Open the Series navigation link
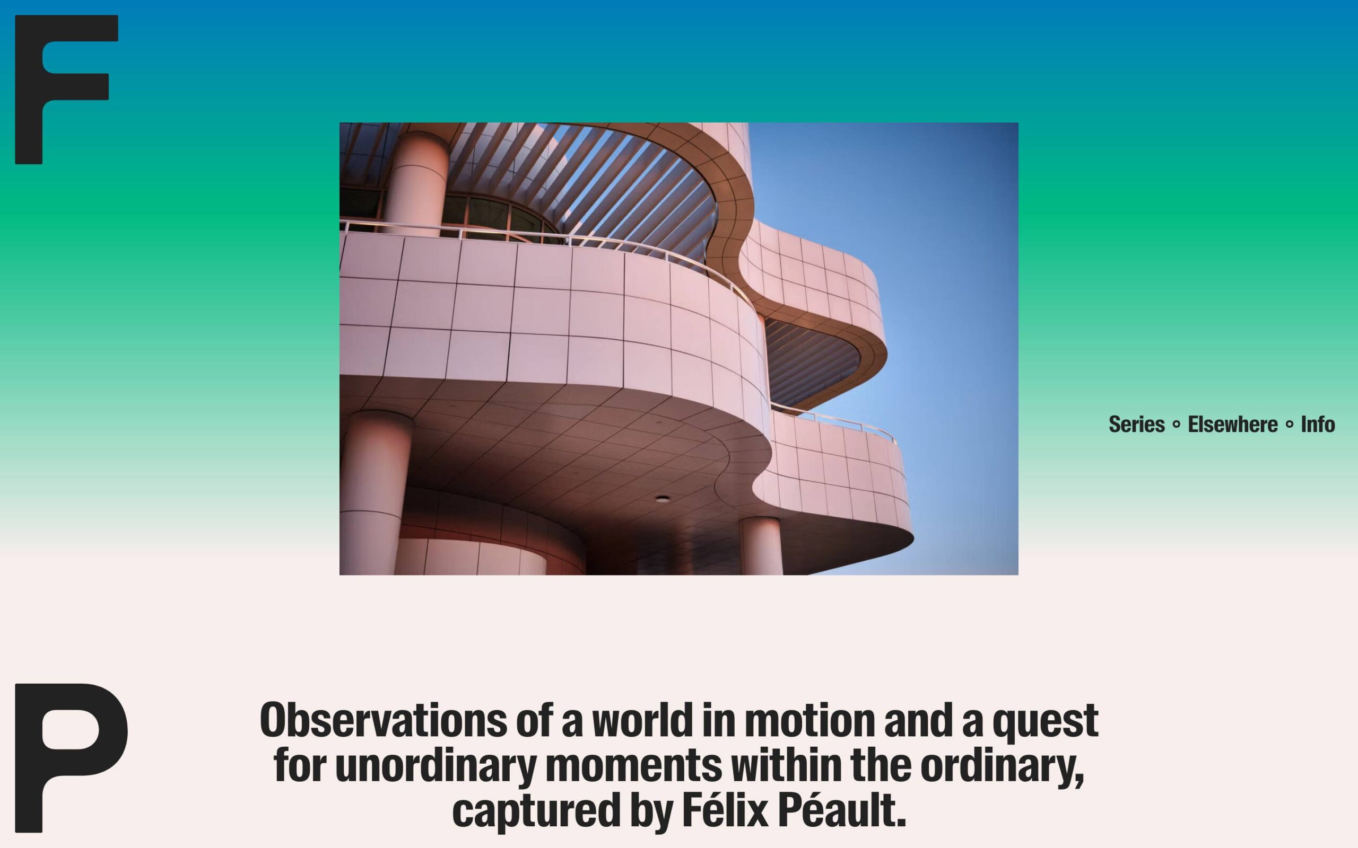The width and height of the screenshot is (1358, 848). (x=1136, y=424)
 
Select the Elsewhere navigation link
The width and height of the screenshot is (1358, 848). (x=1232, y=424)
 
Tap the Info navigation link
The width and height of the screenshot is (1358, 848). (x=1318, y=424)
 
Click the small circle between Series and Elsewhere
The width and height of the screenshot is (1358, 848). (x=1176, y=425)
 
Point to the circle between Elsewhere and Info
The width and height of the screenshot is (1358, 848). (x=1289, y=425)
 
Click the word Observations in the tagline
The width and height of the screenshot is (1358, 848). (x=384, y=720)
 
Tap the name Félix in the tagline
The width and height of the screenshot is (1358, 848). (x=725, y=809)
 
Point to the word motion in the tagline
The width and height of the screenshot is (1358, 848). (x=809, y=720)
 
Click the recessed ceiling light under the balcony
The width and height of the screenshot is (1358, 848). (x=663, y=499)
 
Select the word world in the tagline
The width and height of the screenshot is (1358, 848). (x=642, y=720)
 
